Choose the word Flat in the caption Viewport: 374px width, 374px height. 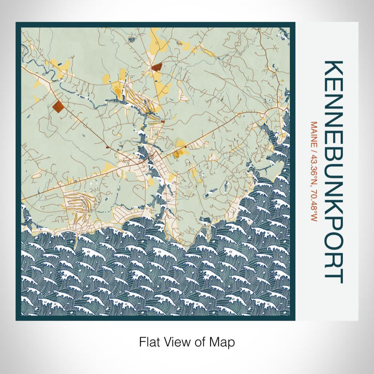tap(149, 341)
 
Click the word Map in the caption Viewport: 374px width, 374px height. tap(224, 341)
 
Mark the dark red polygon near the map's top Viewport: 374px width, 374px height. tap(157, 67)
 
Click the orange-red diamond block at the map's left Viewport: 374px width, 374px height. tap(58, 106)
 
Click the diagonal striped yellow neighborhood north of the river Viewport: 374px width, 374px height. tap(135, 96)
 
